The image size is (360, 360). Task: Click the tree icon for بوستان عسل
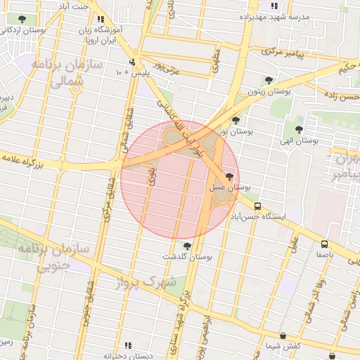[230, 177]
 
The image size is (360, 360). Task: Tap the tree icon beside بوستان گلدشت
[187, 245]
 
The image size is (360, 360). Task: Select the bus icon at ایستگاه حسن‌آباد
[258, 207]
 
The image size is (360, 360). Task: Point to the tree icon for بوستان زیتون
[268, 80]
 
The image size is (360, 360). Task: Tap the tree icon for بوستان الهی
[299, 129]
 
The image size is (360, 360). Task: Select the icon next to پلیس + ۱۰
[131, 63]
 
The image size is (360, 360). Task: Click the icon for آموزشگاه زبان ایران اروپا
[101, 20]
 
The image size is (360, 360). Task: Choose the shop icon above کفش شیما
[283, 336]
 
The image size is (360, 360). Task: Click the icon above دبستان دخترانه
[128, 345]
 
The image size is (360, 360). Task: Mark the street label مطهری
[215, 61]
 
